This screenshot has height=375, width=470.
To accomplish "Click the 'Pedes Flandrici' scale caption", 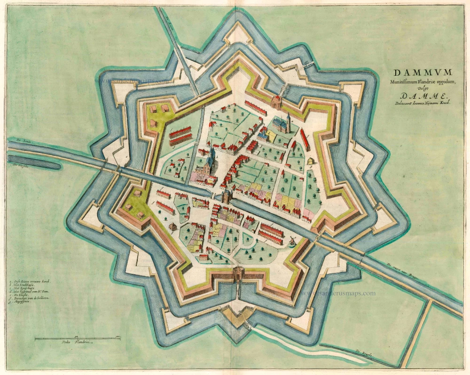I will tap(75, 343).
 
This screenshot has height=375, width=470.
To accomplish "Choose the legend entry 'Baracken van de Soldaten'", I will tap(33, 303).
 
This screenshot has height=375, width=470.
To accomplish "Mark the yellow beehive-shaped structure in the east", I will tap(311, 161).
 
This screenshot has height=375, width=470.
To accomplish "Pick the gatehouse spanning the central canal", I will tap(226, 196).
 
